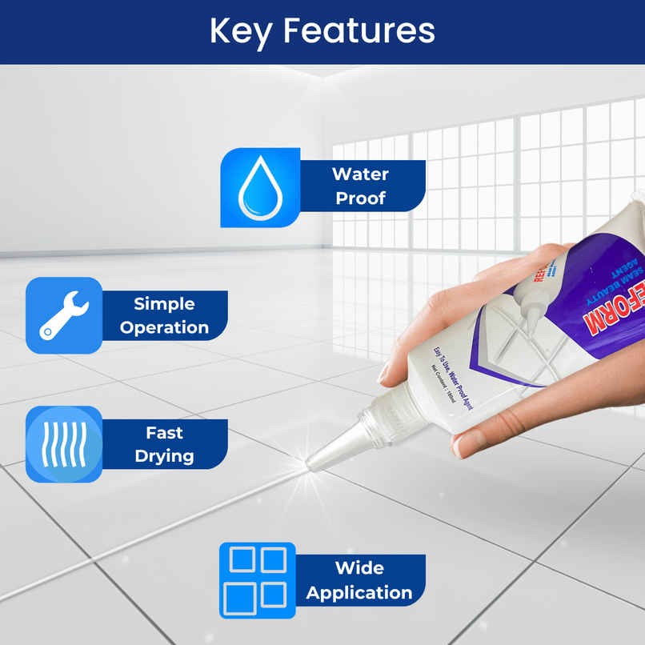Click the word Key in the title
(241, 31)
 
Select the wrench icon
(64, 315)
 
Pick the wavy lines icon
(64, 444)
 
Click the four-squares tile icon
(258, 580)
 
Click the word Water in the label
(360, 174)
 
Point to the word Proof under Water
(360, 198)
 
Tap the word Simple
(164, 303)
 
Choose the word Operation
(164, 327)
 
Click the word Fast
(164, 432)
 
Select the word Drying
(164, 456)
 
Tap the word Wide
(359, 568)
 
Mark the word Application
(359, 593)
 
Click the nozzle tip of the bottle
(313, 463)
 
